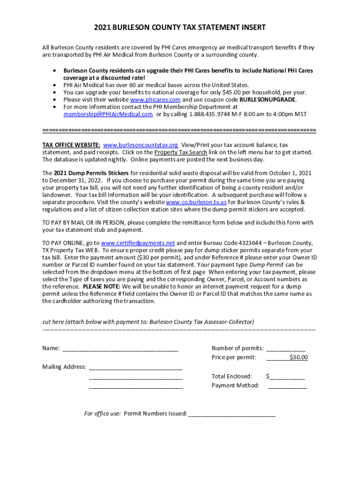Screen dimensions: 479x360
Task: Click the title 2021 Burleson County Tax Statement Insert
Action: [x=180, y=28]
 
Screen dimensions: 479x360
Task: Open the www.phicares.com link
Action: [x=155, y=100]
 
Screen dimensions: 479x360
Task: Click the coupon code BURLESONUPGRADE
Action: [x=268, y=100]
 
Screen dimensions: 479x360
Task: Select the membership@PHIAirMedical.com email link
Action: [x=108, y=114]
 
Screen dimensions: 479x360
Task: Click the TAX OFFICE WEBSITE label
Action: [x=71, y=145]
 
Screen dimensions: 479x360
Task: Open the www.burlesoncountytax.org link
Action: [x=140, y=145]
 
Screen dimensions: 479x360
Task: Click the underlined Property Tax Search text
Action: [x=180, y=152]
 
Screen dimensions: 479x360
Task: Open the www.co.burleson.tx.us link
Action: [x=196, y=202]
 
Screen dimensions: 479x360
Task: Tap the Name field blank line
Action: [x=120, y=349]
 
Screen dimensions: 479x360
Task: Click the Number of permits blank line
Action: [x=286, y=349]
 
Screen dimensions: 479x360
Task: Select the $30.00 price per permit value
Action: [x=298, y=358]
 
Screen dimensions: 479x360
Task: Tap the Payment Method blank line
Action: [x=287, y=386]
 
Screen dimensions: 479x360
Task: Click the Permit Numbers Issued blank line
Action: [x=231, y=414]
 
